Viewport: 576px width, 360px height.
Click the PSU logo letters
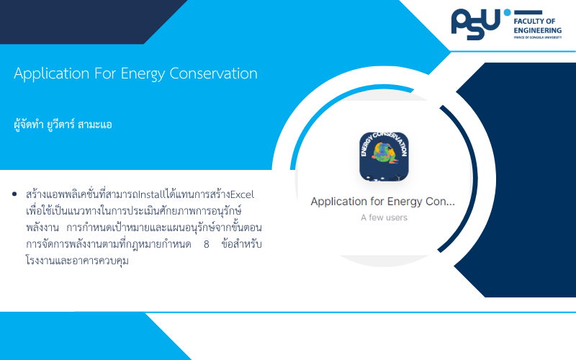pos(475,24)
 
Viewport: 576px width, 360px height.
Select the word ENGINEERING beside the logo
pos(537,30)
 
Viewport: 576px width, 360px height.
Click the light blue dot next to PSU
pos(508,12)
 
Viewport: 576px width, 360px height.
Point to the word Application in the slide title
pos(51,74)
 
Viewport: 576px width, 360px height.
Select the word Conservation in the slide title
pos(213,73)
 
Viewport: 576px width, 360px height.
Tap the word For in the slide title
pos(105,73)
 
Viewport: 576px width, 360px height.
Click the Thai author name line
pos(63,124)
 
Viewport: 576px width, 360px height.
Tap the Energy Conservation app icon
pos(384,157)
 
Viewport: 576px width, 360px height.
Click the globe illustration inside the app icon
pos(384,153)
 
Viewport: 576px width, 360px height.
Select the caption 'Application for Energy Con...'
pos(383,202)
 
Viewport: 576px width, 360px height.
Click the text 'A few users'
pos(384,217)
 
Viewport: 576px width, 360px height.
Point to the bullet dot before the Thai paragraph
pos(14,194)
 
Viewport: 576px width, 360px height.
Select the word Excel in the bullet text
pos(242,194)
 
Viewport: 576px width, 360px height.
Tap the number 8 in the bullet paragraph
pos(207,244)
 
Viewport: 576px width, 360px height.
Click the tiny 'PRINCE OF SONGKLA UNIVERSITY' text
pos(537,37)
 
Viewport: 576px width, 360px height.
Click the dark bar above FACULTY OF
pos(528,12)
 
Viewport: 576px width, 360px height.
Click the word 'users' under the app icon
pos(396,218)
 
